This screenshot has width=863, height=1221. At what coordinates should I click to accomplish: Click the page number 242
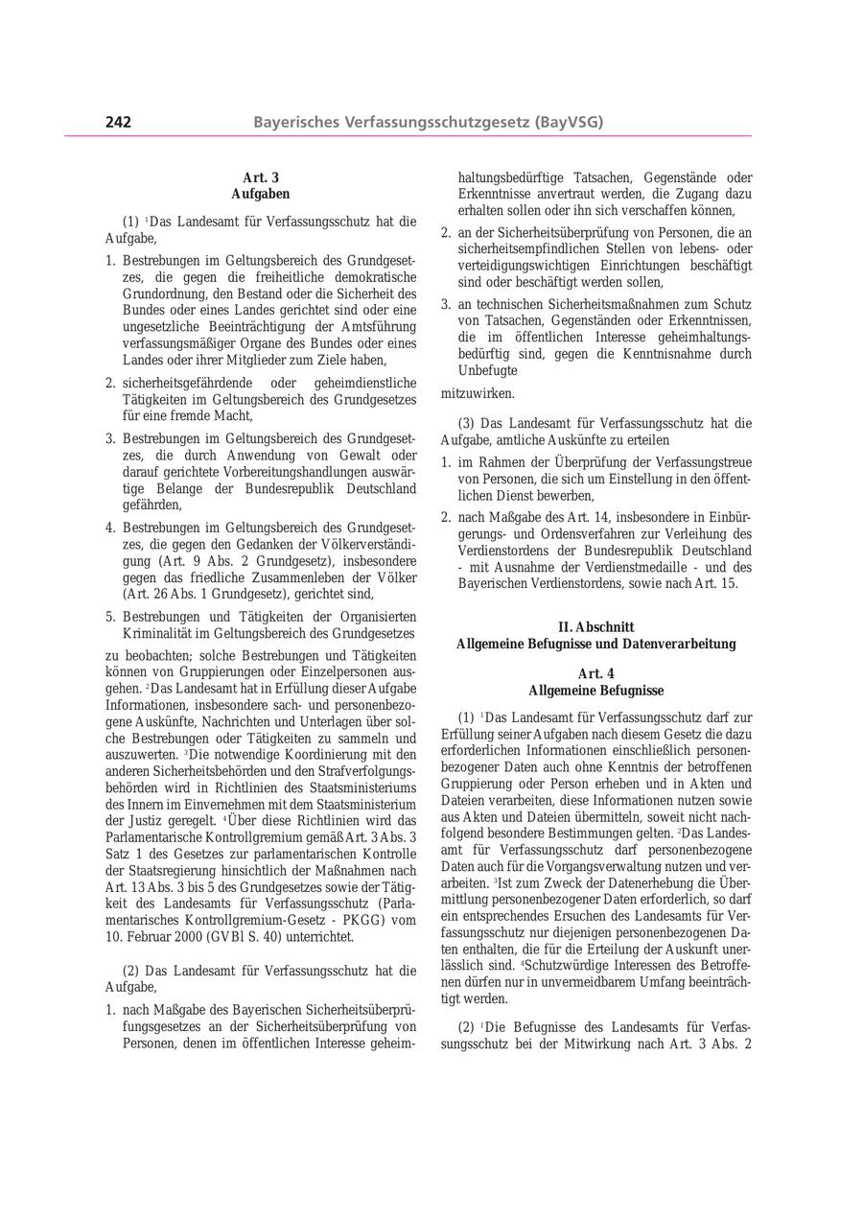[118, 122]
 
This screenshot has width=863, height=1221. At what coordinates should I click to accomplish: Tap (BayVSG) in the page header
[570, 122]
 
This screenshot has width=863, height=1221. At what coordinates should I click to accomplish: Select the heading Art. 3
[261, 177]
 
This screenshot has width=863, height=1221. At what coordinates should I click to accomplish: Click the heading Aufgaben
[261, 194]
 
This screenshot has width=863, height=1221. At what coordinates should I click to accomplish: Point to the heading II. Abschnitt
[595, 627]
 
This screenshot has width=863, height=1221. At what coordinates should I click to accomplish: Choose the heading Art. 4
[595, 674]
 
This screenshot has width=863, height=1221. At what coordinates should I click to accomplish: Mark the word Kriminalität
[154, 633]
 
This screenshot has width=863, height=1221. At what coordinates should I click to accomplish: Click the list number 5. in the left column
[110, 617]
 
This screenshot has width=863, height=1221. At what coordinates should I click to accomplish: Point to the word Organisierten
[375, 617]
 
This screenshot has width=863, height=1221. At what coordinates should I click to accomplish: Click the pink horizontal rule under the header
[408, 136]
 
